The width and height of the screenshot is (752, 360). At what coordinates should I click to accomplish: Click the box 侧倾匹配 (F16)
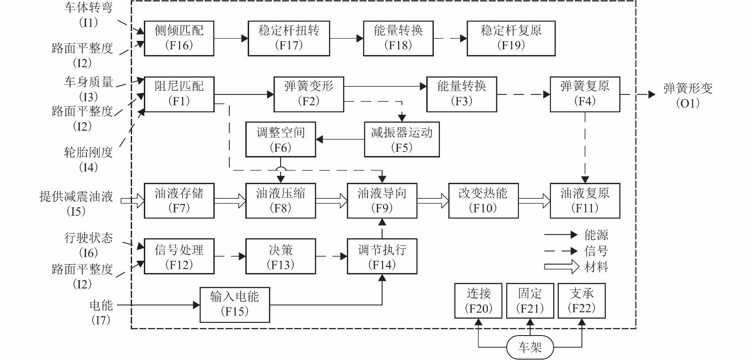pyautogui.click(x=179, y=39)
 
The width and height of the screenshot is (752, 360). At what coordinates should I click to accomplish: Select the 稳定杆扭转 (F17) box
pyautogui.click(x=289, y=39)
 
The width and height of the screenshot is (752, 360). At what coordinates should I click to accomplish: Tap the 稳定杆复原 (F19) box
pyautogui.click(x=511, y=39)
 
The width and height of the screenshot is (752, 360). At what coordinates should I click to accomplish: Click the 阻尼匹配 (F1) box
pyautogui.click(x=179, y=94)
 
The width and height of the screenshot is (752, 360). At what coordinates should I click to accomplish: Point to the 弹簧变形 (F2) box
pyautogui.click(x=309, y=94)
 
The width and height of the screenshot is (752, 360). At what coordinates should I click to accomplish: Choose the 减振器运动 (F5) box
pyautogui.click(x=402, y=140)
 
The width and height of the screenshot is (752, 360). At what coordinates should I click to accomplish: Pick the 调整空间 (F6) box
pyautogui.click(x=281, y=140)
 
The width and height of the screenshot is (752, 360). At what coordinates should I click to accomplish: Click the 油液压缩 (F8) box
pyautogui.click(x=281, y=201)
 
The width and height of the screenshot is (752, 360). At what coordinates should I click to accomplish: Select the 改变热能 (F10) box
pyautogui.click(x=483, y=201)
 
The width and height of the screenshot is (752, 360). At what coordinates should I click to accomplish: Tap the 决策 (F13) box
pyautogui.click(x=281, y=257)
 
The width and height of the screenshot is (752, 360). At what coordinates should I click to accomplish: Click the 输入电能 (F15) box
pyautogui.click(x=235, y=305)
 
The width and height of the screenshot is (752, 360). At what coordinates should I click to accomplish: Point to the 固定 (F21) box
pyautogui.click(x=530, y=301)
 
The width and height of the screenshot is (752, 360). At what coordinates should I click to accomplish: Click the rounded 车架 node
pyautogui.click(x=530, y=347)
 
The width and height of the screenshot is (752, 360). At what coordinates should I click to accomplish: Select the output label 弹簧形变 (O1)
pyautogui.click(x=688, y=95)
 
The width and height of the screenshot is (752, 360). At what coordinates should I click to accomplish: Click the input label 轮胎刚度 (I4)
pyautogui.click(x=88, y=159)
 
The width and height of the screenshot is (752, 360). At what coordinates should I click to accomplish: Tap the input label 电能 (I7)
pyautogui.click(x=101, y=312)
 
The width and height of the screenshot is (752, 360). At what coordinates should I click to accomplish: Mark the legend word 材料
pyautogui.click(x=596, y=267)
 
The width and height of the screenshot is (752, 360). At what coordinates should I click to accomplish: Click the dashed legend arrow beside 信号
pyautogui.click(x=560, y=251)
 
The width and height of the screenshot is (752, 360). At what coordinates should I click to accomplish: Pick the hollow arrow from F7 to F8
pyautogui.click(x=230, y=201)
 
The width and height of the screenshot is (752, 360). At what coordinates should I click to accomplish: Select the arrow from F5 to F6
pyautogui.click(x=340, y=140)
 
